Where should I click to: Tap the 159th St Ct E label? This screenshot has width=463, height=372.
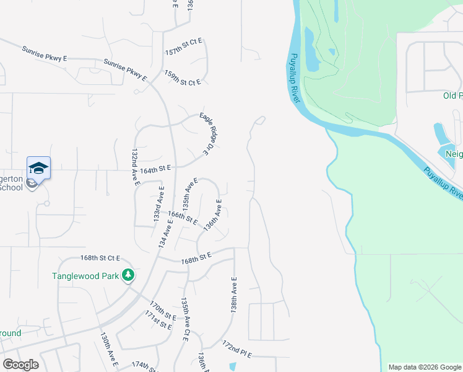(183, 78)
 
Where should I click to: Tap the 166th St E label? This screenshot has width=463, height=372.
(183, 218)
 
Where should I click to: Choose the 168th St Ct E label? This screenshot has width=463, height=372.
(100, 257)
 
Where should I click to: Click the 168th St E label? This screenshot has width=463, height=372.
(196, 255)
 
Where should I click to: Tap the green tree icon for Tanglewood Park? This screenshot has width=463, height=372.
(128, 275)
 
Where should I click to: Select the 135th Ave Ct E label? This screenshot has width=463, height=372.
(184, 319)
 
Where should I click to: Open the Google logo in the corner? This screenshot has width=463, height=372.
(20, 365)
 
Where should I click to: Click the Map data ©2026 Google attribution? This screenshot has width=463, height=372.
(424, 367)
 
